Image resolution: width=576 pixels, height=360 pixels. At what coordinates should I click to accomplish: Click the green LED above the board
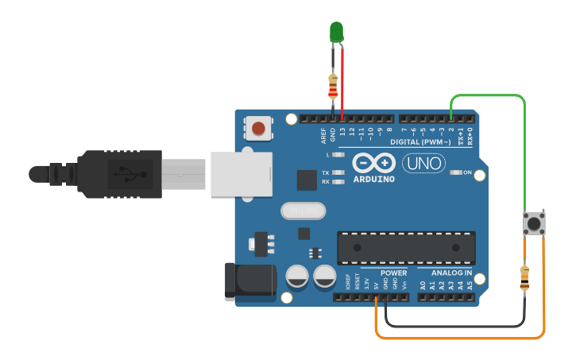[x=336, y=32]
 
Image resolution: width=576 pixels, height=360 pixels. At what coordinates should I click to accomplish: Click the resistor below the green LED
[x=332, y=87]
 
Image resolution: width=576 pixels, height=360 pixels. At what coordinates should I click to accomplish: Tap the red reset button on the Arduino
[x=258, y=127]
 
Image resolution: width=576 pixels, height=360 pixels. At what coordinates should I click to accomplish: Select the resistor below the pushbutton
[x=524, y=277]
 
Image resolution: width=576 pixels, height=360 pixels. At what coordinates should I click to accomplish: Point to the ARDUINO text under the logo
[x=373, y=179]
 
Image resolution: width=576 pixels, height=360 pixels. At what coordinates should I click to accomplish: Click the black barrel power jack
[x=249, y=282]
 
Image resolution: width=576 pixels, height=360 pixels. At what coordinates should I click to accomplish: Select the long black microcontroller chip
[x=406, y=247]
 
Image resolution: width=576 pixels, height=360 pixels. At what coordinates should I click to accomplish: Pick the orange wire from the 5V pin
[x=461, y=338]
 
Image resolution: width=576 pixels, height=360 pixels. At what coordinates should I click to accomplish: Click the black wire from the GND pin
[x=453, y=325]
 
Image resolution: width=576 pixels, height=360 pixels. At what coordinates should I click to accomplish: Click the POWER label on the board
[x=393, y=273]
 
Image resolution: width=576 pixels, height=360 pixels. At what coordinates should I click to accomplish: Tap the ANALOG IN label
[x=451, y=273]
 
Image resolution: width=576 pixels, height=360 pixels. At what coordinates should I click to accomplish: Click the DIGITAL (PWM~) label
[x=421, y=142]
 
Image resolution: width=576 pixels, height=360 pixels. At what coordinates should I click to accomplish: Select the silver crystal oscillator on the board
[x=303, y=211]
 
